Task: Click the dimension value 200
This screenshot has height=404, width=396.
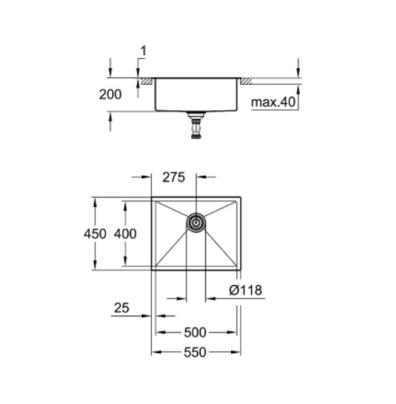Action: click(111, 94)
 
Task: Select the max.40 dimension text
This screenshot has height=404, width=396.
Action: click(273, 104)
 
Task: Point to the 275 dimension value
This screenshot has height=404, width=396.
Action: click(174, 179)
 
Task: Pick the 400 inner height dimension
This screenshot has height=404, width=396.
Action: click(124, 234)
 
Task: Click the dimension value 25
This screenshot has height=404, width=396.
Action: click(121, 309)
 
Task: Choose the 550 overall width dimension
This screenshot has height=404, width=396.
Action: click(196, 352)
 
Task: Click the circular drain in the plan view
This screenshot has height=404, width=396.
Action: click(196, 222)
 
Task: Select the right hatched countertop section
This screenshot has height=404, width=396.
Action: click(248, 83)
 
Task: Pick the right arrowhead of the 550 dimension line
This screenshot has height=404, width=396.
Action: click(239, 352)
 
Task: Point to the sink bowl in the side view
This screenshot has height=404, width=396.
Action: click(196, 95)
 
